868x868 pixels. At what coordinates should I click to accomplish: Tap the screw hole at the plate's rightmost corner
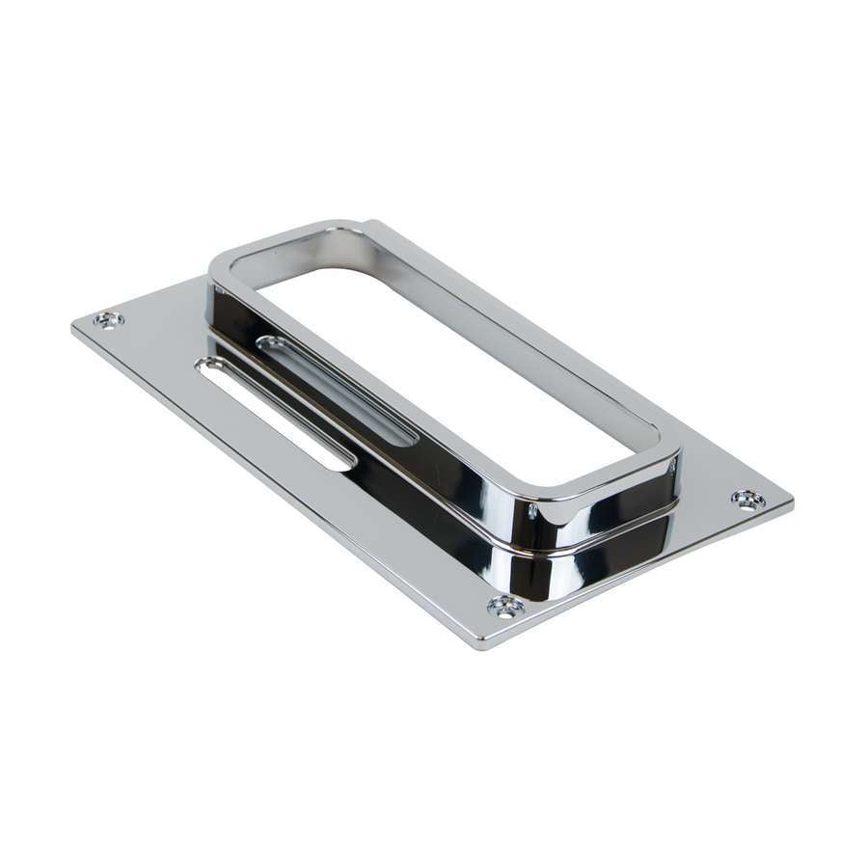(x=748, y=499)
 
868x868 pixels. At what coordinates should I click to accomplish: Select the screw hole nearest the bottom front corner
(x=505, y=606)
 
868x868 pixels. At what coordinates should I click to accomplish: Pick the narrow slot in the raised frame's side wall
(x=338, y=391)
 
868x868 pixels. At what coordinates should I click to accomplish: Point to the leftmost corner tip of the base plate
(x=73, y=326)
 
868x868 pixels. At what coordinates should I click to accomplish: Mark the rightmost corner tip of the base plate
(x=793, y=503)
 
